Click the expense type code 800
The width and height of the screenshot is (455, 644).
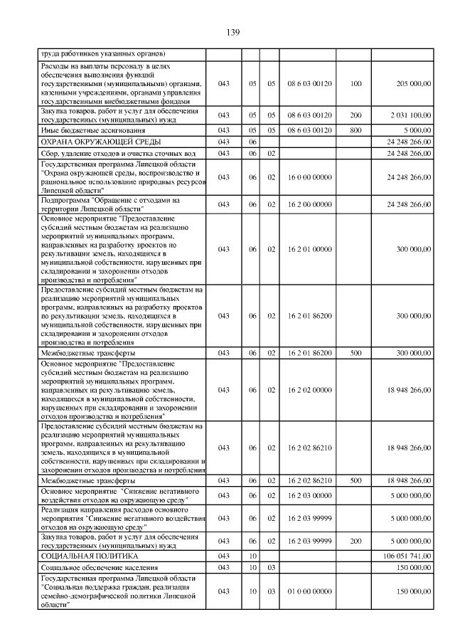click(355, 131)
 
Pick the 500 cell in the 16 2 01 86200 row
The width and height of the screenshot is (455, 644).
click(355, 353)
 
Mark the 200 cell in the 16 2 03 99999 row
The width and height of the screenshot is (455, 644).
click(355, 541)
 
